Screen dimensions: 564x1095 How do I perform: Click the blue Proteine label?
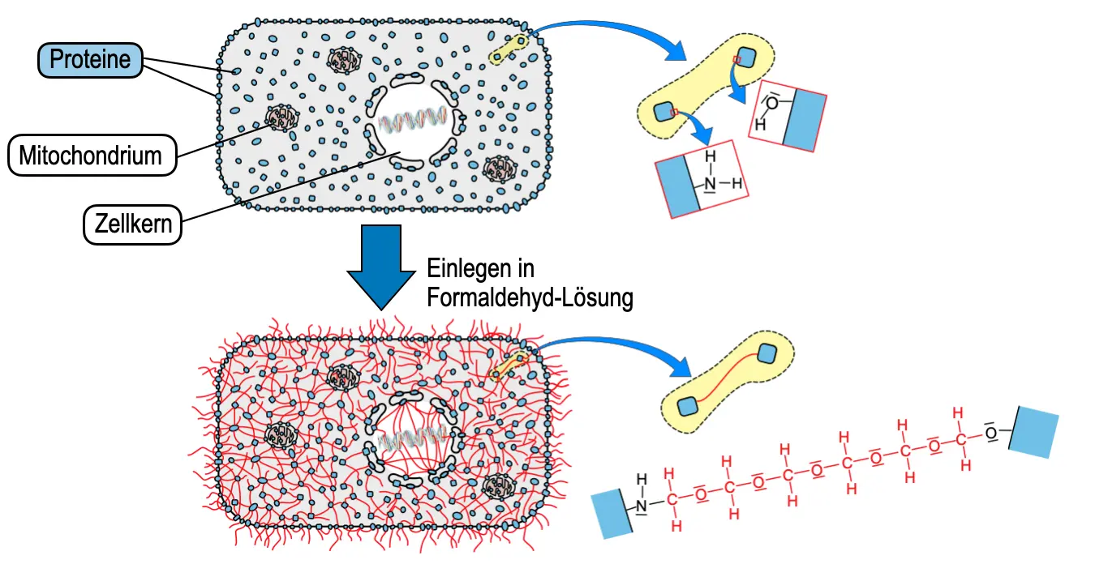point(90,59)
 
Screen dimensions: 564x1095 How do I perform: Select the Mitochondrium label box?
point(91,155)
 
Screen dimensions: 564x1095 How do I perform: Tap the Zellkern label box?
point(132,223)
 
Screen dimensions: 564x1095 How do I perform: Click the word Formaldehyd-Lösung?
point(530,297)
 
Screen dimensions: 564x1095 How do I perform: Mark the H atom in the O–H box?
point(760,126)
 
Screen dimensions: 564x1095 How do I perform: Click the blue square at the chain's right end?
point(1033,434)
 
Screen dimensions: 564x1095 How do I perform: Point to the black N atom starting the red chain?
point(642,506)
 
